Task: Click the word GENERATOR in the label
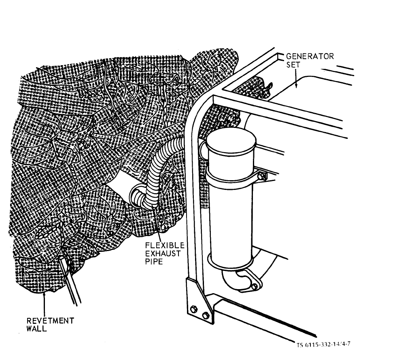[310, 56]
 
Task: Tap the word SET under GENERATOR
[293, 65]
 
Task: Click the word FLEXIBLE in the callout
[165, 245]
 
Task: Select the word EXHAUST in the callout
[163, 253]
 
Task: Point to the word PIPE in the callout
[154, 262]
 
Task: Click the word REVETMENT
[50, 321]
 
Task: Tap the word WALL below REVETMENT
[37, 328]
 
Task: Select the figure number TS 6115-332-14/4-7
[323, 345]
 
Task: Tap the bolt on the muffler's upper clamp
[261, 176]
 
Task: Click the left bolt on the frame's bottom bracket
[194, 309]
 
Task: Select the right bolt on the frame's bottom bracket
[206, 315]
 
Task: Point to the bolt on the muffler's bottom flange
[255, 286]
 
